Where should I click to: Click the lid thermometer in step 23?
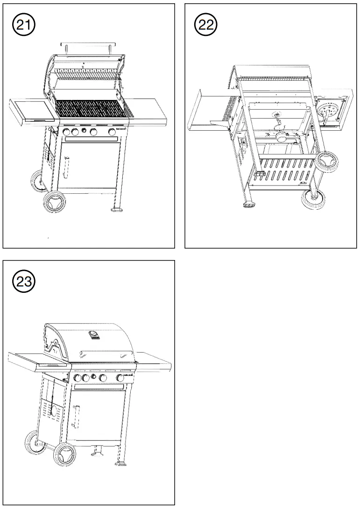tap(95, 335)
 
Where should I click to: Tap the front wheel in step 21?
tap(54, 202)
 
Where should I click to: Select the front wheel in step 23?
tap(64, 454)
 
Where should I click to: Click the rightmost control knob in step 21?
tap(112, 132)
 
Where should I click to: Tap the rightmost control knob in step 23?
tap(120, 377)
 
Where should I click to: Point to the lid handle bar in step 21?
tap(88, 45)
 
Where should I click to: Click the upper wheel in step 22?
tap(327, 161)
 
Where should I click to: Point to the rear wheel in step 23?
tap(35, 442)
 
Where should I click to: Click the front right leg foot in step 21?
tap(116, 209)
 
